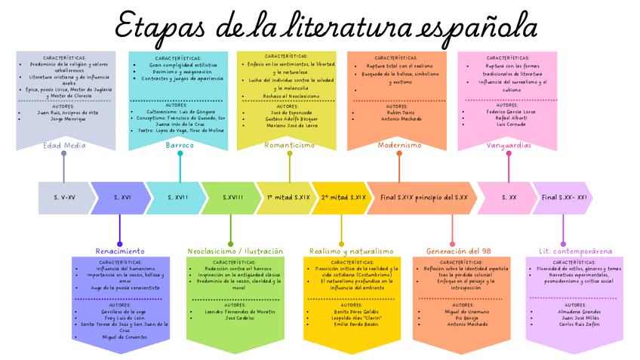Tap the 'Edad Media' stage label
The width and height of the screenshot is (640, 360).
tap(64, 145)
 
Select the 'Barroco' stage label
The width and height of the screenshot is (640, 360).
tap(180, 145)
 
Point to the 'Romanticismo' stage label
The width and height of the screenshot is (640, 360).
tap(290, 145)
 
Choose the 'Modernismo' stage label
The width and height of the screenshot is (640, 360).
tap(399, 145)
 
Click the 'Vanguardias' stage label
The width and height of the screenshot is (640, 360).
tap(509, 145)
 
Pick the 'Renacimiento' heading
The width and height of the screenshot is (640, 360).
tap(119, 251)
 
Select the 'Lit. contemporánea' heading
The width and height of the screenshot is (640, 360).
tap(565, 251)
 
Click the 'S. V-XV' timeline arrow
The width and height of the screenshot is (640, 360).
tap(65, 198)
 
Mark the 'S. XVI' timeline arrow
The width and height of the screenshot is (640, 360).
tap(122, 198)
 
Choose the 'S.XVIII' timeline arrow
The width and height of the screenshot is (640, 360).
tap(232, 198)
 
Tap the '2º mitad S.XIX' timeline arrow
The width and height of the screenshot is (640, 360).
tap(343, 198)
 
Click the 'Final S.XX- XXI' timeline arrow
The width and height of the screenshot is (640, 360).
tap(563, 198)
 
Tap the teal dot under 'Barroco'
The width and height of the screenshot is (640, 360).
tap(180, 154)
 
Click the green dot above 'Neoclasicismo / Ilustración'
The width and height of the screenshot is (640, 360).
tap(231, 242)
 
